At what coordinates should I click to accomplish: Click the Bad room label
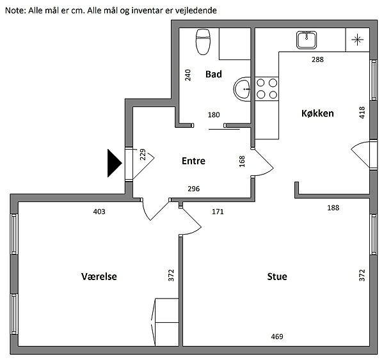point(213,75)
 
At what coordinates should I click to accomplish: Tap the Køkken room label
point(318,113)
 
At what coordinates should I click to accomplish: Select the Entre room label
point(193,161)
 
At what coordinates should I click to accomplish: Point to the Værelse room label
point(99,277)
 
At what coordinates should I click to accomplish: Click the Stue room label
point(276,277)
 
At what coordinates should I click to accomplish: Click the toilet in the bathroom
point(204,42)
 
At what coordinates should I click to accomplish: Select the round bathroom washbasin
point(243,89)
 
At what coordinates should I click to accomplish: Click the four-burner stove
point(267,88)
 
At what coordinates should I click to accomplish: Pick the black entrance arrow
point(114,163)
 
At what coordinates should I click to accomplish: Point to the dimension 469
point(276,336)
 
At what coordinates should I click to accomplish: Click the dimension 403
point(99,211)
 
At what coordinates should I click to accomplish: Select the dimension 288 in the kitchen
point(317,60)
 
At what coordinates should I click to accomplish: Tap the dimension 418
point(362,113)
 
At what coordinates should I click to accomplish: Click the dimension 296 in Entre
point(193,189)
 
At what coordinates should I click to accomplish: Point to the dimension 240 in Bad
point(188,75)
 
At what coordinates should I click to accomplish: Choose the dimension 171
point(218,211)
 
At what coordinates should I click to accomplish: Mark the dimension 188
point(333,208)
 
